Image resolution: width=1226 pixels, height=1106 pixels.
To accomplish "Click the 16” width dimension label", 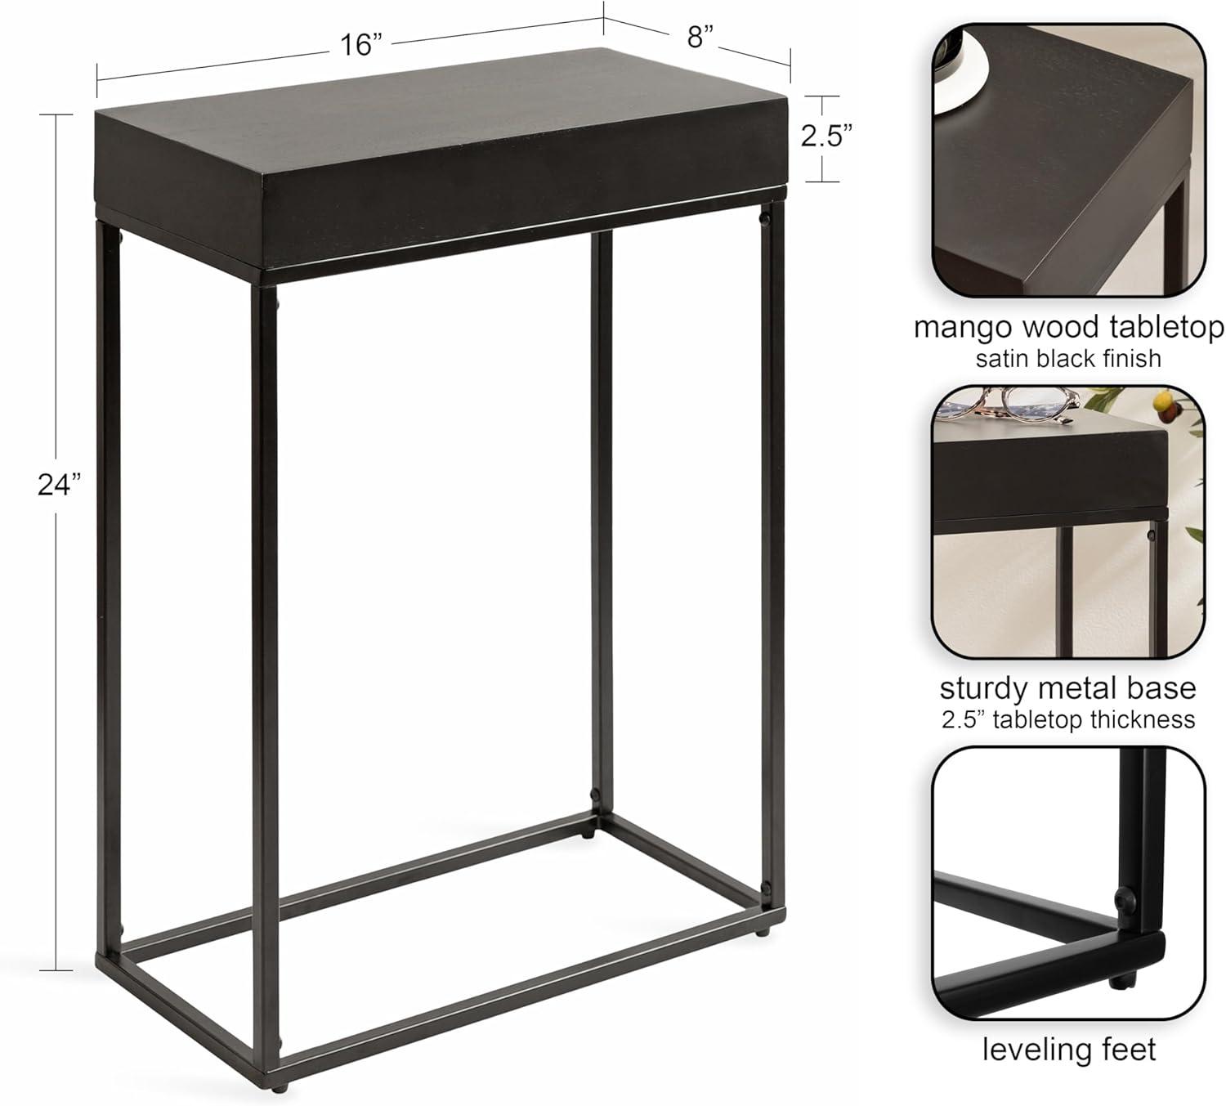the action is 360,45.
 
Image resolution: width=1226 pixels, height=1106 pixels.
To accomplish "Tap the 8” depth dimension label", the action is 700,37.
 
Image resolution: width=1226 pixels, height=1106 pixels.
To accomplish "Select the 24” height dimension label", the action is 60,485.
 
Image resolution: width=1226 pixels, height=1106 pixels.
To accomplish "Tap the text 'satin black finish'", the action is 1068,358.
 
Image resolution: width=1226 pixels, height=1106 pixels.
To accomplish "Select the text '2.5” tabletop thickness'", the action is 1068,719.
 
